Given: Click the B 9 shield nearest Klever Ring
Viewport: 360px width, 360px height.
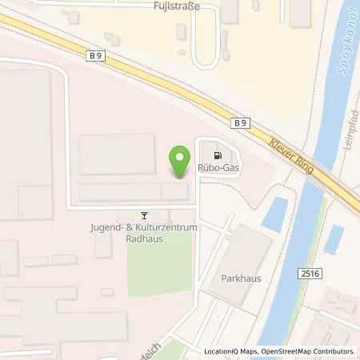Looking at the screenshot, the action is [x=240, y=122].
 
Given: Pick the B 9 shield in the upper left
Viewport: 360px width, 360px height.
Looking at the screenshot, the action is [x=96, y=54].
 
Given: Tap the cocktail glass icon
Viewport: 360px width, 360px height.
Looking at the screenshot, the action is [x=144, y=214].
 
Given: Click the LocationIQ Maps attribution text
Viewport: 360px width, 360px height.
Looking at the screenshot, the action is [x=230, y=351].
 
